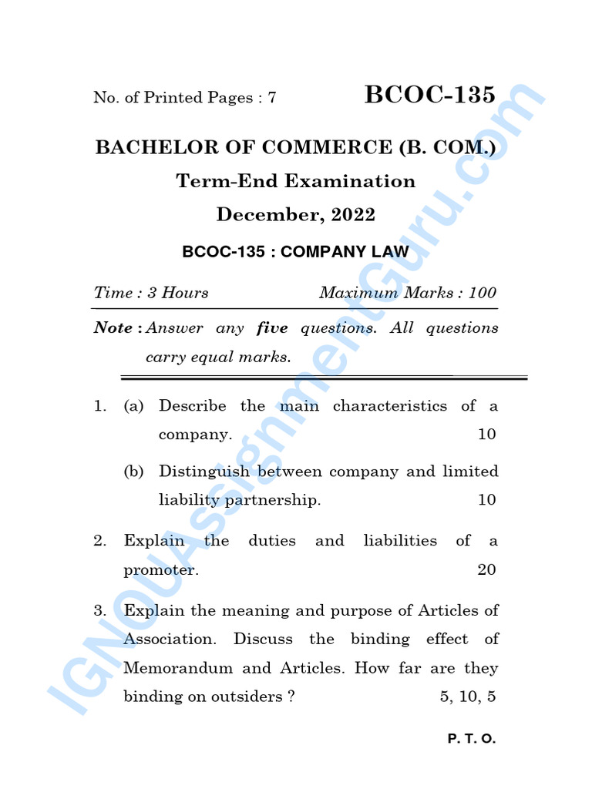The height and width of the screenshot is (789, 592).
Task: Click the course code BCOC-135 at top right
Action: (429, 95)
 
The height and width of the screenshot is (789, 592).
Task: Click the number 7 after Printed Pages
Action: (271, 98)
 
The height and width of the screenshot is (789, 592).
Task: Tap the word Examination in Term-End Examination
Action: (350, 181)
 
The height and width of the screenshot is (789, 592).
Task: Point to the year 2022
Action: (353, 215)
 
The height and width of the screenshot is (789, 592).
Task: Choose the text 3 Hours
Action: (177, 293)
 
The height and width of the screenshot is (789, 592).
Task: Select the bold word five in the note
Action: (272, 328)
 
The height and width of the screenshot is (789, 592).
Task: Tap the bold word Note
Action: (113, 328)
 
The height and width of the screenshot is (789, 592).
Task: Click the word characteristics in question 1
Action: (389, 405)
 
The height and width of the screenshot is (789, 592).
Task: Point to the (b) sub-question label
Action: (133, 472)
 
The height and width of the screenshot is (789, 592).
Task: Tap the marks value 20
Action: (486, 570)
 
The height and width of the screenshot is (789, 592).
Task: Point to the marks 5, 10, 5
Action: (468, 697)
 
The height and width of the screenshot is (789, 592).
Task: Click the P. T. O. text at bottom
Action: (472, 739)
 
